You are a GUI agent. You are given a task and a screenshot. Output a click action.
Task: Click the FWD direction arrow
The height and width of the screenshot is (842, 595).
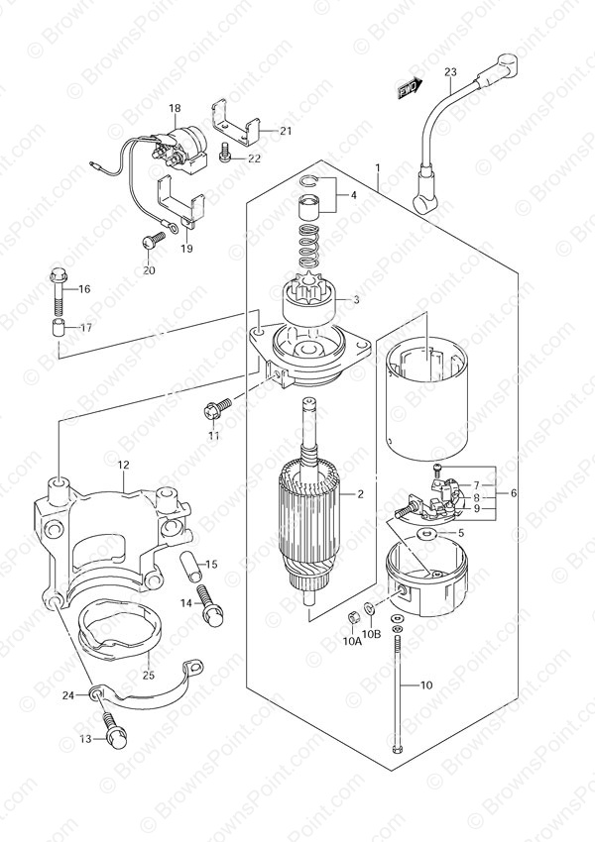coord(411,88)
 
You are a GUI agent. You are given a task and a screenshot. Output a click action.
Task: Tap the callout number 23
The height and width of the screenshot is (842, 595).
coord(450,72)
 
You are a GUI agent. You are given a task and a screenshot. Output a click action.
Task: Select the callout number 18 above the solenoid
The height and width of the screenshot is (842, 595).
coord(175,109)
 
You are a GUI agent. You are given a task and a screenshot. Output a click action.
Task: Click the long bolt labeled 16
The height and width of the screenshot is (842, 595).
coord(59,290)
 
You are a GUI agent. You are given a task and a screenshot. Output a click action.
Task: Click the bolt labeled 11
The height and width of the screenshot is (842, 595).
coord(217,408)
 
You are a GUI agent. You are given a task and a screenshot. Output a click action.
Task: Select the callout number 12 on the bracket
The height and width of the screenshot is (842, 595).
coord(124,465)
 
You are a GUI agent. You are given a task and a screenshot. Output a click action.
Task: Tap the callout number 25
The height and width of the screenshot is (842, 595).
coord(149,675)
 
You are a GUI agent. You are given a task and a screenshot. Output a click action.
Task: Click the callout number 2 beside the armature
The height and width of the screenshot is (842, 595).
coord(360,494)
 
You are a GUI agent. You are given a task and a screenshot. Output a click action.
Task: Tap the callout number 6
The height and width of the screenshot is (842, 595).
coord(514,492)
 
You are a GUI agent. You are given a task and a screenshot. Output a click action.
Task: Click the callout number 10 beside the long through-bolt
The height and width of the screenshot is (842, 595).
coord(425,684)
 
